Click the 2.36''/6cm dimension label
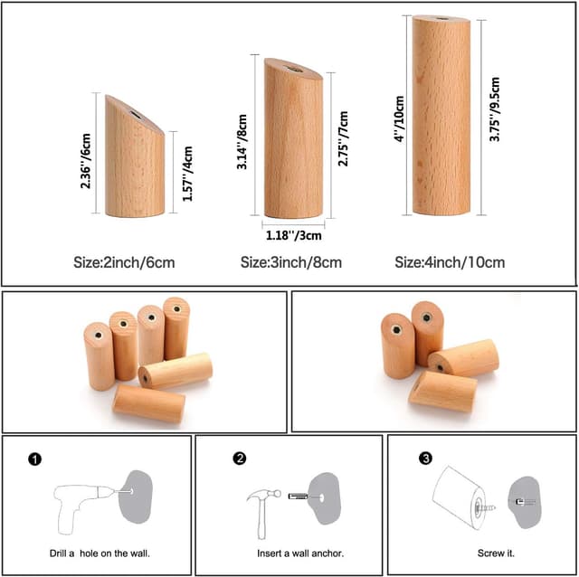point(85,162)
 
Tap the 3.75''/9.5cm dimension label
point(494,116)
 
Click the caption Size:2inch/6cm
point(124,263)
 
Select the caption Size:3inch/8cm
point(291,263)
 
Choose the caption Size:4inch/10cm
point(450,263)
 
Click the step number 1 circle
point(34,459)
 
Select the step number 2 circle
point(239,459)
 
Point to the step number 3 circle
point(425,459)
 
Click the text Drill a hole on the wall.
point(100,553)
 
